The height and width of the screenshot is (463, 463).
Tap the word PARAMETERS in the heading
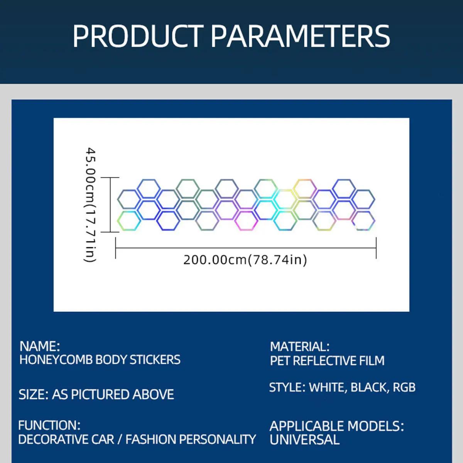click(300, 37)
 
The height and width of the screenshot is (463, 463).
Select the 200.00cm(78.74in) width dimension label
click(245, 260)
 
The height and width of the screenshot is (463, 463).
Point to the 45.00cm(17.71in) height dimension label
click(91, 205)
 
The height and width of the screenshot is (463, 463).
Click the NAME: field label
click(40, 346)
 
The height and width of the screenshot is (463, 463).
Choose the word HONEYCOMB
click(56, 360)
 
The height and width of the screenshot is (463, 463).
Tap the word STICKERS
click(155, 360)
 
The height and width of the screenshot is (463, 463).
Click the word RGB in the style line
click(404, 387)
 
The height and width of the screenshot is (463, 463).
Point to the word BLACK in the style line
click(369, 388)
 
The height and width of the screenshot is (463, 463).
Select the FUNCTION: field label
click(49, 425)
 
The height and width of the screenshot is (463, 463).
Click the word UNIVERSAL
click(305, 440)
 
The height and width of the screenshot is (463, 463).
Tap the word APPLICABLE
click(307, 426)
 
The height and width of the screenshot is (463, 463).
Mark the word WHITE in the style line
click(328, 388)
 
